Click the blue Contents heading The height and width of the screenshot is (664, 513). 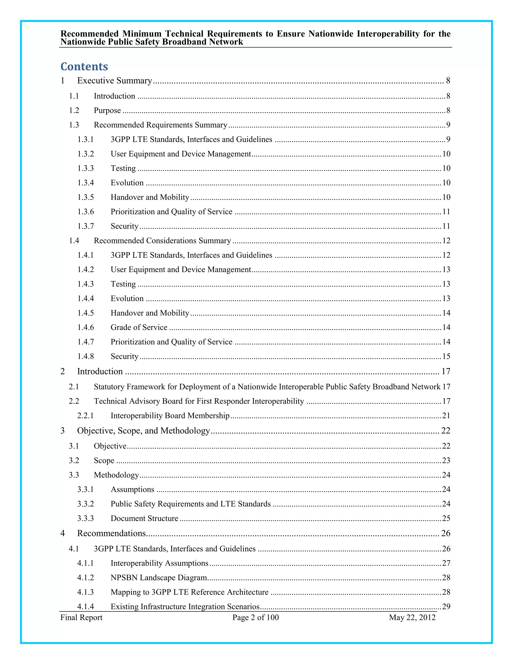click(84, 67)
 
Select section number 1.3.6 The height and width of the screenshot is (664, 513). click(85, 212)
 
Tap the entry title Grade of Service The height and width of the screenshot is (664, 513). click(139, 327)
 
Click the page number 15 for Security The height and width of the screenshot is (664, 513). click(446, 356)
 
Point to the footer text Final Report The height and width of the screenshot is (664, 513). click(81, 617)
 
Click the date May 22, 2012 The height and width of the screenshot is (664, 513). click(412, 617)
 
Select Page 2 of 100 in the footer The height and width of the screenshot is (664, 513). click(255, 617)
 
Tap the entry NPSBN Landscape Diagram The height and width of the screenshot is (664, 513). click(159, 578)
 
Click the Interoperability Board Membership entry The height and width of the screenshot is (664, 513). click(170, 416)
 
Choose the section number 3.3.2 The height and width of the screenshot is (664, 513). click(85, 504)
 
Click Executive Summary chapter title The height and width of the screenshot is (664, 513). click(114, 81)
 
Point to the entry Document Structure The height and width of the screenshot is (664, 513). click(144, 518)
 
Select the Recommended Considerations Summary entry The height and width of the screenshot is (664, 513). click(162, 241)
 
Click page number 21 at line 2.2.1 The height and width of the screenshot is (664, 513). click(446, 416)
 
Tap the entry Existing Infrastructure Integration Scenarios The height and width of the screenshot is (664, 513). click(185, 607)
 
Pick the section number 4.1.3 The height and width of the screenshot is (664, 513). click(85, 592)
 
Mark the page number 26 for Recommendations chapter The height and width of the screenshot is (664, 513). click(446, 533)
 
